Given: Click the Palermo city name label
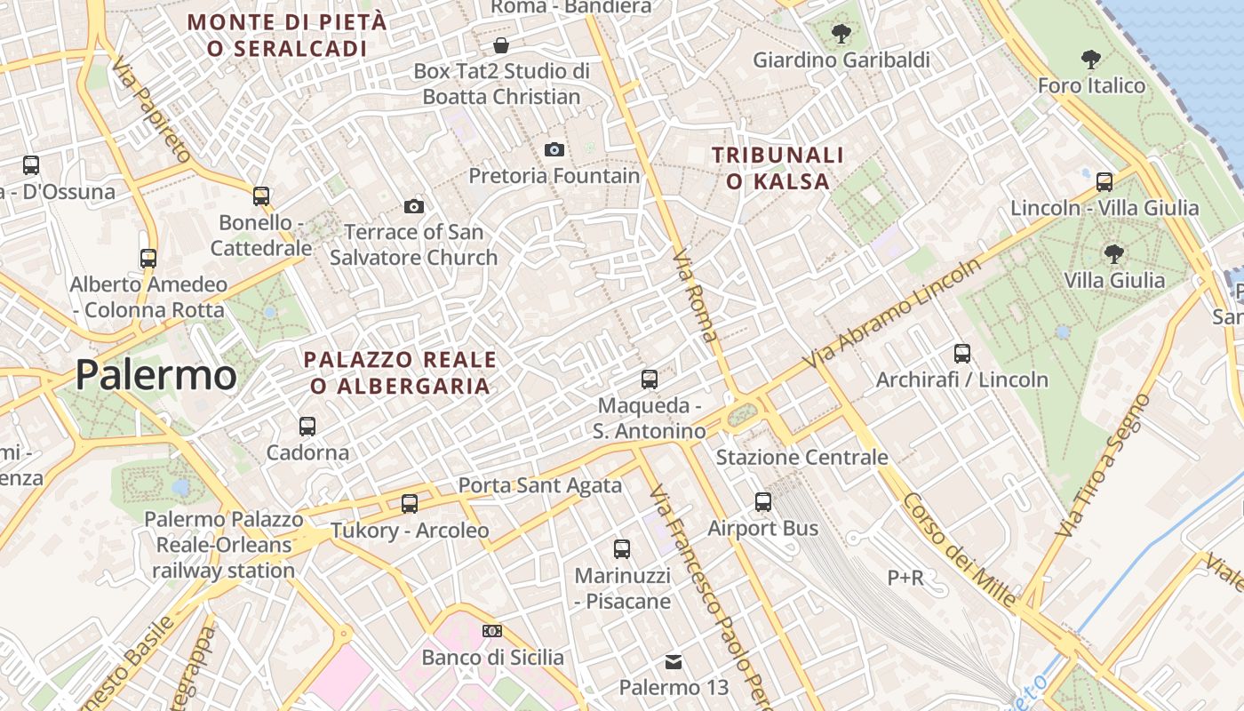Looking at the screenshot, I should [155, 374].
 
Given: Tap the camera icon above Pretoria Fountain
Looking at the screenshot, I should [554, 149].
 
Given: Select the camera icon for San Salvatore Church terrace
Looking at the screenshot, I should [414, 206].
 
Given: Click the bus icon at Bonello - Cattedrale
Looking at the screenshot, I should [261, 196].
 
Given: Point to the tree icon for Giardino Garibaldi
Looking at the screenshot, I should [841, 34].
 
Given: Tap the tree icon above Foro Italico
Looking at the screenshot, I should [1091, 60].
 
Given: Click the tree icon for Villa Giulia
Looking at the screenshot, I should [1114, 254].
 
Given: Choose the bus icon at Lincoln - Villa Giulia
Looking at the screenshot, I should [1104, 182].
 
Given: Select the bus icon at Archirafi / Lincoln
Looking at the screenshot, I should [962, 354].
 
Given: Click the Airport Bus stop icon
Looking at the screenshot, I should [763, 502].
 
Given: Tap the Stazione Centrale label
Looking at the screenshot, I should [801, 458].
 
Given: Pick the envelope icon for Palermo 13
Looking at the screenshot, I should [674, 661].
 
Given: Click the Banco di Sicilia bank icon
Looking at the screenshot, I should [492, 631].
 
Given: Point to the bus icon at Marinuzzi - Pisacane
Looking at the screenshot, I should [622, 549].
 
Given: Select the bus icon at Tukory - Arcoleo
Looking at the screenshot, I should [410, 504].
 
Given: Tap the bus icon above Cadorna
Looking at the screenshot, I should [307, 426].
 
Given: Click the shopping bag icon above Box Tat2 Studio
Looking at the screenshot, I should [502, 44].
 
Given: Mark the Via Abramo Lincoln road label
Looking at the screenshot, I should [892, 313].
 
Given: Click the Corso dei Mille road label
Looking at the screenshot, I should [960, 550].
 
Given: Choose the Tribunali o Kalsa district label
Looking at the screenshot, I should [777, 168].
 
